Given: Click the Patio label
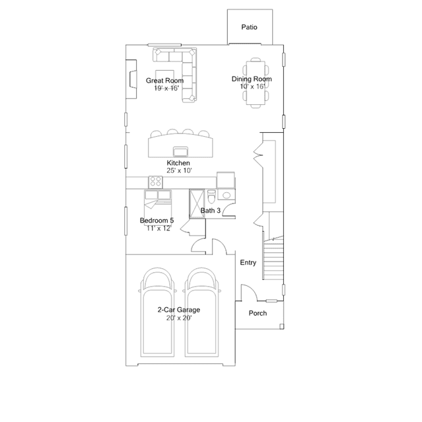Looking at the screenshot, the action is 249,27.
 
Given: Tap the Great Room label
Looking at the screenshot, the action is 164,81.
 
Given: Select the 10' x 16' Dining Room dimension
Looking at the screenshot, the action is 252,87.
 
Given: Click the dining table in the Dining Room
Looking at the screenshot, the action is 256,83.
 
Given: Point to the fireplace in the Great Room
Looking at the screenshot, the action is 131,79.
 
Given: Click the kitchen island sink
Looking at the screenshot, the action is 180,151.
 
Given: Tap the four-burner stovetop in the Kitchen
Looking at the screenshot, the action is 156,182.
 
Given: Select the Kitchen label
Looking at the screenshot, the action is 178,163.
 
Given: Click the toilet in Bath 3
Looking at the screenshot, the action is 211,197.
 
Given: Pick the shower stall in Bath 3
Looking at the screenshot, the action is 197,203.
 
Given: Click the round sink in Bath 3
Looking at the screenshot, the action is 227,195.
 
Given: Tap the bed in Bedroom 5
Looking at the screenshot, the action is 158,204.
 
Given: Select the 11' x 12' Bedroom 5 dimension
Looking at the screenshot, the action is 158,229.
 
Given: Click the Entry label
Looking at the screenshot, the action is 248,262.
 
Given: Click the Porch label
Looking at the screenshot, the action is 258,313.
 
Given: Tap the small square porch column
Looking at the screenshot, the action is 281,326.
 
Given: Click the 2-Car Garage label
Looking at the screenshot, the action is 179,310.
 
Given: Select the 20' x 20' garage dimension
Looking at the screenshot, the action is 179,318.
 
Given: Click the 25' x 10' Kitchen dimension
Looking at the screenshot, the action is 179,170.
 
